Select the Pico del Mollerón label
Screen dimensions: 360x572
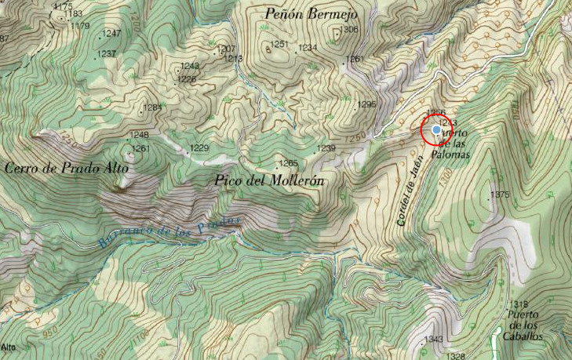[x=269, y=180]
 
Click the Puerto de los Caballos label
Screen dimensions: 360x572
[x=524, y=320]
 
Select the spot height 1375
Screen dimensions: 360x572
[x=500, y=195]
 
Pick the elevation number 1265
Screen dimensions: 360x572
[x=288, y=163]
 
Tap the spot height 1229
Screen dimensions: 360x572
[x=199, y=148]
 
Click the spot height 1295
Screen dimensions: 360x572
[x=366, y=104]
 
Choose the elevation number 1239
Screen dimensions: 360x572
[x=326, y=148]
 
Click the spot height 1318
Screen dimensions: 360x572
[x=519, y=304]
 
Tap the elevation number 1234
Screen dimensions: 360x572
[x=308, y=48]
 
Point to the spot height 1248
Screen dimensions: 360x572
[x=140, y=135]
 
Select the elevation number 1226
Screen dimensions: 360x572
[x=187, y=78]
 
